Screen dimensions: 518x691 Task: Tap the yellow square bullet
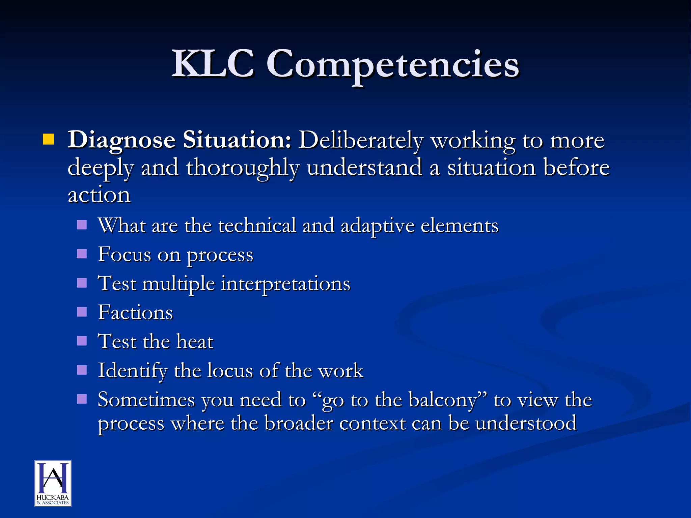point(49,139)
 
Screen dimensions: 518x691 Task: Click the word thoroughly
point(242,168)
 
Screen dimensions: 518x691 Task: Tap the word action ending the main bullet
point(99,195)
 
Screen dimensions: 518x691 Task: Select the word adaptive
point(377,226)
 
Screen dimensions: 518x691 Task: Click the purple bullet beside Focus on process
point(82,254)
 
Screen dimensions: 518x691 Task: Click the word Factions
point(135,312)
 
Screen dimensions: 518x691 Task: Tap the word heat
point(195,341)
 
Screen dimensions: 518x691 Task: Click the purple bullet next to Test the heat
point(82,341)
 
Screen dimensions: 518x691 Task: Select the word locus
point(230,370)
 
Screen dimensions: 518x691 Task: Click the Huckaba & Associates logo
point(53,483)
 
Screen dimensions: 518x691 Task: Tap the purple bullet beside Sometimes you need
point(82,399)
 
